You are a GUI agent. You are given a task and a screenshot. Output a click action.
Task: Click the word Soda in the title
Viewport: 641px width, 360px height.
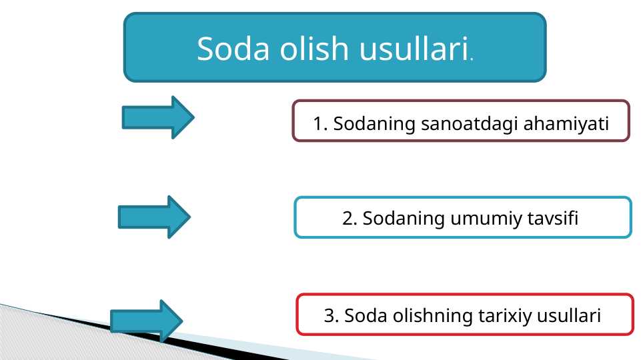click(x=233, y=49)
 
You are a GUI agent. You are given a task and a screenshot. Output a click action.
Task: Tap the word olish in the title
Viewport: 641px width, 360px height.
click(x=314, y=48)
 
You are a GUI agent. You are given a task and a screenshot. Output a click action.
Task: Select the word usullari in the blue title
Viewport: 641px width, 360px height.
click(x=414, y=48)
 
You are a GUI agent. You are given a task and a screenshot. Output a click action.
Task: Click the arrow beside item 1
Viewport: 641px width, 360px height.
click(x=158, y=117)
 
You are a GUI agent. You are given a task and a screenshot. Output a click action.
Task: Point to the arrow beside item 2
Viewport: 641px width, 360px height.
click(x=154, y=217)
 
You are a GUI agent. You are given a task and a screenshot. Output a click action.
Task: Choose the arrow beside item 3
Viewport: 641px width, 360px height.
click(x=146, y=321)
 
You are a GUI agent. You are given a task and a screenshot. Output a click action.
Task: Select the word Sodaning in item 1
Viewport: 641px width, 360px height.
click(x=374, y=124)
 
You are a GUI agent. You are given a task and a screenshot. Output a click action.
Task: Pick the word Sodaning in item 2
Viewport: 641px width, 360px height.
click(x=404, y=218)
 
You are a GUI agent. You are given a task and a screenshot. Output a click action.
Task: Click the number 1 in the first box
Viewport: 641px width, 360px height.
click(x=318, y=124)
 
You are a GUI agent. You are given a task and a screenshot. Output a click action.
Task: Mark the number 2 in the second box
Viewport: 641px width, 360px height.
click(x=348, y=218)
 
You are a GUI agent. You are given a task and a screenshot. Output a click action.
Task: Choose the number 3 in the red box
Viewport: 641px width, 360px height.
click(x=329, y=315)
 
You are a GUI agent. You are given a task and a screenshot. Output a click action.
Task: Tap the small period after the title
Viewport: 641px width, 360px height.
click(x=472, y=60)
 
